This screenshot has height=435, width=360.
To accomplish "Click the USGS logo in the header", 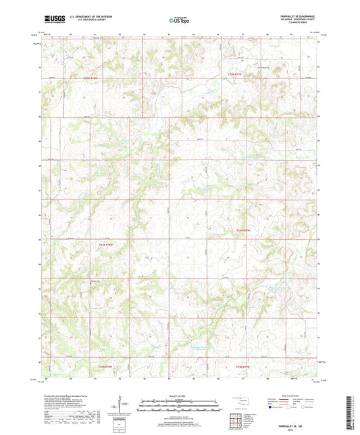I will pyautogui.click(x=52, y=20).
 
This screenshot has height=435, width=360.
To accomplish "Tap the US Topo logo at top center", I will pyautogui.click(x=177, y=20).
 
